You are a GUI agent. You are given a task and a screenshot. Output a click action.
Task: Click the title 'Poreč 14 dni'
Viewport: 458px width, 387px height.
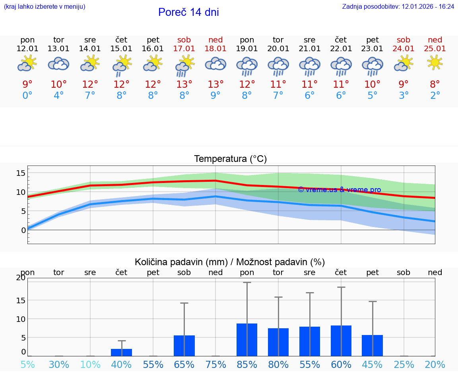(188, 12)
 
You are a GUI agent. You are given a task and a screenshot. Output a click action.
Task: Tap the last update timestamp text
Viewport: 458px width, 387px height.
(398, 6)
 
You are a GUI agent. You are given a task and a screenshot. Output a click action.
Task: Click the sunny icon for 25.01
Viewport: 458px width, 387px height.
(435, 62)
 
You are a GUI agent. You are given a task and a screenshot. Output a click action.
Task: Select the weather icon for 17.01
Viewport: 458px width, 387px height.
(184, 65)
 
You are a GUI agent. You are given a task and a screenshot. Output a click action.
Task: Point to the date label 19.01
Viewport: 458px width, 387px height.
(247, 49)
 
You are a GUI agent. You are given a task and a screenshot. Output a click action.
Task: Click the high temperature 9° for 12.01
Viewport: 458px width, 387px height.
(27, 84)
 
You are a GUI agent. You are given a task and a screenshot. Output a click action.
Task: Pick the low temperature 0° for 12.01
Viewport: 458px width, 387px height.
(27, 95)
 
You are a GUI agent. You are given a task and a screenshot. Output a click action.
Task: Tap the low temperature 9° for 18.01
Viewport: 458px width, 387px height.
(215, 95)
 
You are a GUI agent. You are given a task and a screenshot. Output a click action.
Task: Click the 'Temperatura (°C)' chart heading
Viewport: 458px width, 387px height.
(230, 159)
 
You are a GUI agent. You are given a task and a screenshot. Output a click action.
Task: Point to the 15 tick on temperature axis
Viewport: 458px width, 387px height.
(21, 173)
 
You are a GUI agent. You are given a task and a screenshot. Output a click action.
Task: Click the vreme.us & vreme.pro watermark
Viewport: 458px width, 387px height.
(339, 190)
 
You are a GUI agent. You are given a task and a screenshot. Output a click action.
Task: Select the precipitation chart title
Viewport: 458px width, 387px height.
(230, 262)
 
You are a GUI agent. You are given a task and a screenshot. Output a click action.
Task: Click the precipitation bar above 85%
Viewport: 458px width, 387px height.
(247, 340)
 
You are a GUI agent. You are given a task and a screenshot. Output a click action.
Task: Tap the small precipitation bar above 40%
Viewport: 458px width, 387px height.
(121, 352)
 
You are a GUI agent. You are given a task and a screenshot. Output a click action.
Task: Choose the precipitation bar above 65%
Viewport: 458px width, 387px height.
(184, 346)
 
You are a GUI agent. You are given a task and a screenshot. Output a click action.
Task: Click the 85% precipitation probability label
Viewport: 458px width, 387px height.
(247, 364)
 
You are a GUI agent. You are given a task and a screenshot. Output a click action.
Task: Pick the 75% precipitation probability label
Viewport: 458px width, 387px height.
(215, 364)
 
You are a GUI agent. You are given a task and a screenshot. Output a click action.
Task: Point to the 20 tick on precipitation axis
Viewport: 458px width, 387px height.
(21, 277)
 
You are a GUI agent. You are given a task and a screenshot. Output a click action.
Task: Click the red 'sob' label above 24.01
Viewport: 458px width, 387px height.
(404, 40)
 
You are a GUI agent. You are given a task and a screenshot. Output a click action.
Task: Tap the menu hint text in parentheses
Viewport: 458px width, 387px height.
(45, 6)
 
